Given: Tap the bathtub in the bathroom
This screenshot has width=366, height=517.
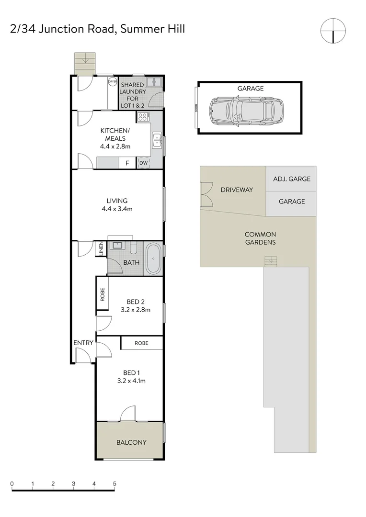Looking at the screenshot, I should point(153,259).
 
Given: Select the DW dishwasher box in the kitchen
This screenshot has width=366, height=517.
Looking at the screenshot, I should point(143,163).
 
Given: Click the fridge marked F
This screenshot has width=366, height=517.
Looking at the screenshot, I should point(127,163).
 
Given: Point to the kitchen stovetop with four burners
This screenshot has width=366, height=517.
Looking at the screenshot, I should point(143,117).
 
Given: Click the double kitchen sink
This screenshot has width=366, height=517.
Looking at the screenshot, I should point(156,140).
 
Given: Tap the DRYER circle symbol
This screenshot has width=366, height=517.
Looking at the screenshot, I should point(113,82).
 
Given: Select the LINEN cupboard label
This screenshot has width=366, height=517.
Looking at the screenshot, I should point(101,249).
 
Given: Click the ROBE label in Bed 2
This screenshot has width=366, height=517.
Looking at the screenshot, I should point(103,294).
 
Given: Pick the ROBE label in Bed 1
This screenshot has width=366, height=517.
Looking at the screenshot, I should point(141,343).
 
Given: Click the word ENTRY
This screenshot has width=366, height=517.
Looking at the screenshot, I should point(83,343).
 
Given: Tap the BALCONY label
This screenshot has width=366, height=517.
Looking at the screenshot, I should point(131,442).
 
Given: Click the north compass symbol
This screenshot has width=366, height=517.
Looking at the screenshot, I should point(333,31).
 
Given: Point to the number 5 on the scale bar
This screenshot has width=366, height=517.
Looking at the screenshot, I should point(114,483).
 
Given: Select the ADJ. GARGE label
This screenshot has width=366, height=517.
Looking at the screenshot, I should point(291,179).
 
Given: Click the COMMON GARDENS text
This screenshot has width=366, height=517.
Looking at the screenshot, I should point(260,238).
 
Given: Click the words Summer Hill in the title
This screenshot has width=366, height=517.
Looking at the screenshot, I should point(152,29).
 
